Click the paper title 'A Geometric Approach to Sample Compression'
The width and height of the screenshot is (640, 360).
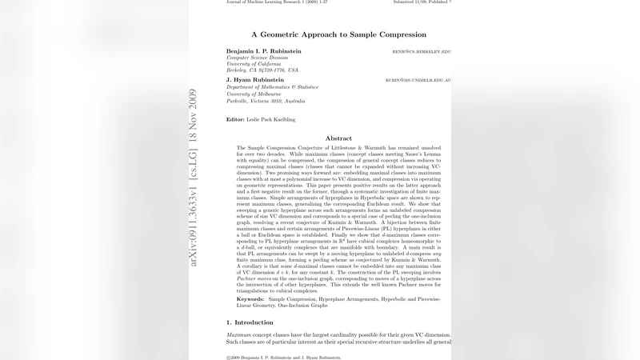pyautogui.click(x=338, y=34)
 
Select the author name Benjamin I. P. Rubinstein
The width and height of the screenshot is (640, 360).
pyautogui.click(x=264, y=51)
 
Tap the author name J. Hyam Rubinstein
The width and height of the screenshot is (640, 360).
pyautogui.click(x=257, y=80)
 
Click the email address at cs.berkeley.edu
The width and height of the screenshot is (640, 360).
pyautogui.click(x=421, y=52)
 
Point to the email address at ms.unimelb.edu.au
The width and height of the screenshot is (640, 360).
pyautogui.click(x=418, y=81)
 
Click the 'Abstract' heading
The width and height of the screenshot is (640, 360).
pyautogui.click(x=338, y=138)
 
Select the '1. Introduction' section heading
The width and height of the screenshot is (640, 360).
pyautogui.click(x=250, y=322)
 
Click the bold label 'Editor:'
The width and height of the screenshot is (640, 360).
pyautogui.click(x=235, y=119)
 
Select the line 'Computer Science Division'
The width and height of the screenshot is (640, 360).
pyautogui.click(x=257, y=58)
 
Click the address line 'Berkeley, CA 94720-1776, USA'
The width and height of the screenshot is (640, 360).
pyautogui.click(x=262, y=70)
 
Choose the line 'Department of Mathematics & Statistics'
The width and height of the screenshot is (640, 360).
pyautogui.click(x=272, y=87)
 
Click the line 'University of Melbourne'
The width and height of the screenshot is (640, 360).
pyautogui.click(x=254, y=94)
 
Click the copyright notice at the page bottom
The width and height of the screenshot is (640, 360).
pyautogui.click(x=283, y=358)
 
